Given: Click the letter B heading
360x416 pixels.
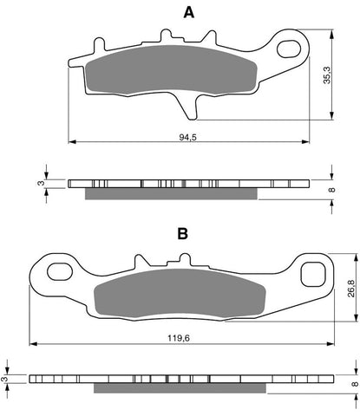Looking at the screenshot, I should tap(182, 234).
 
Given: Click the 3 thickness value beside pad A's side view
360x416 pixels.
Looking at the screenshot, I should tap(38, 183).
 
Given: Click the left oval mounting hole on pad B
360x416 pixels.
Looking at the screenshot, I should tap(59, 272).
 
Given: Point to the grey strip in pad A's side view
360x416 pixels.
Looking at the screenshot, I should tap(172, 193).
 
